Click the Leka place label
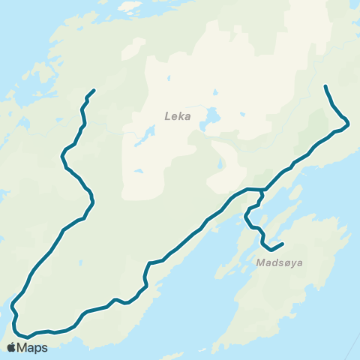(178, 116)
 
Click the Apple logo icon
(11, 347)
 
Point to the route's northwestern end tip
(94, 90)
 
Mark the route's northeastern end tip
(325, 86)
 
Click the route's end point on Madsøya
(282, 243)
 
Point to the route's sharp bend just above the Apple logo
(13, 307)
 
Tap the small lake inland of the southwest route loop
(77, 261)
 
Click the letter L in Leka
(167, 116)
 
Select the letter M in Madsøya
(259, 263)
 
